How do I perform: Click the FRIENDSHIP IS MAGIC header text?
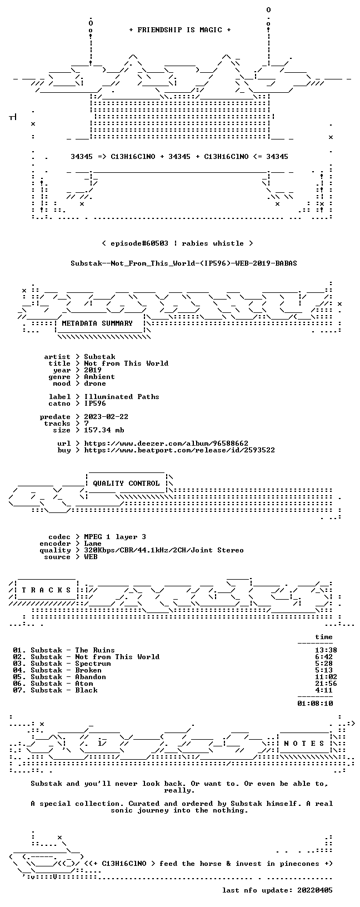point(180,30)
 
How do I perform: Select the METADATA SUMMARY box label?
point(97,323)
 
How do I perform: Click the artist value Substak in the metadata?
point(99,357)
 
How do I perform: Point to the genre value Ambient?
point(99,377)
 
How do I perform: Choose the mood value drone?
point(95,383)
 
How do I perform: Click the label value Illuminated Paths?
point(122,397)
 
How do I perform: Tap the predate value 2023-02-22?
point(106,417)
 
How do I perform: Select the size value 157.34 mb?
point(104,430)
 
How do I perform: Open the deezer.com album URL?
point(166,443)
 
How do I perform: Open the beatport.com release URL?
point(179,450)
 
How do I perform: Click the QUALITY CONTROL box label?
point(126,483)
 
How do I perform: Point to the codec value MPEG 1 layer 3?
point(115,537)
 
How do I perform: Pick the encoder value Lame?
point(93,544)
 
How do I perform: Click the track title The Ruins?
point(95,650)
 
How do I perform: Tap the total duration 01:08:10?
point(315,704)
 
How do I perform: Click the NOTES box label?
point(304,744)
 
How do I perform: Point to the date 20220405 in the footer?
point(315,890)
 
